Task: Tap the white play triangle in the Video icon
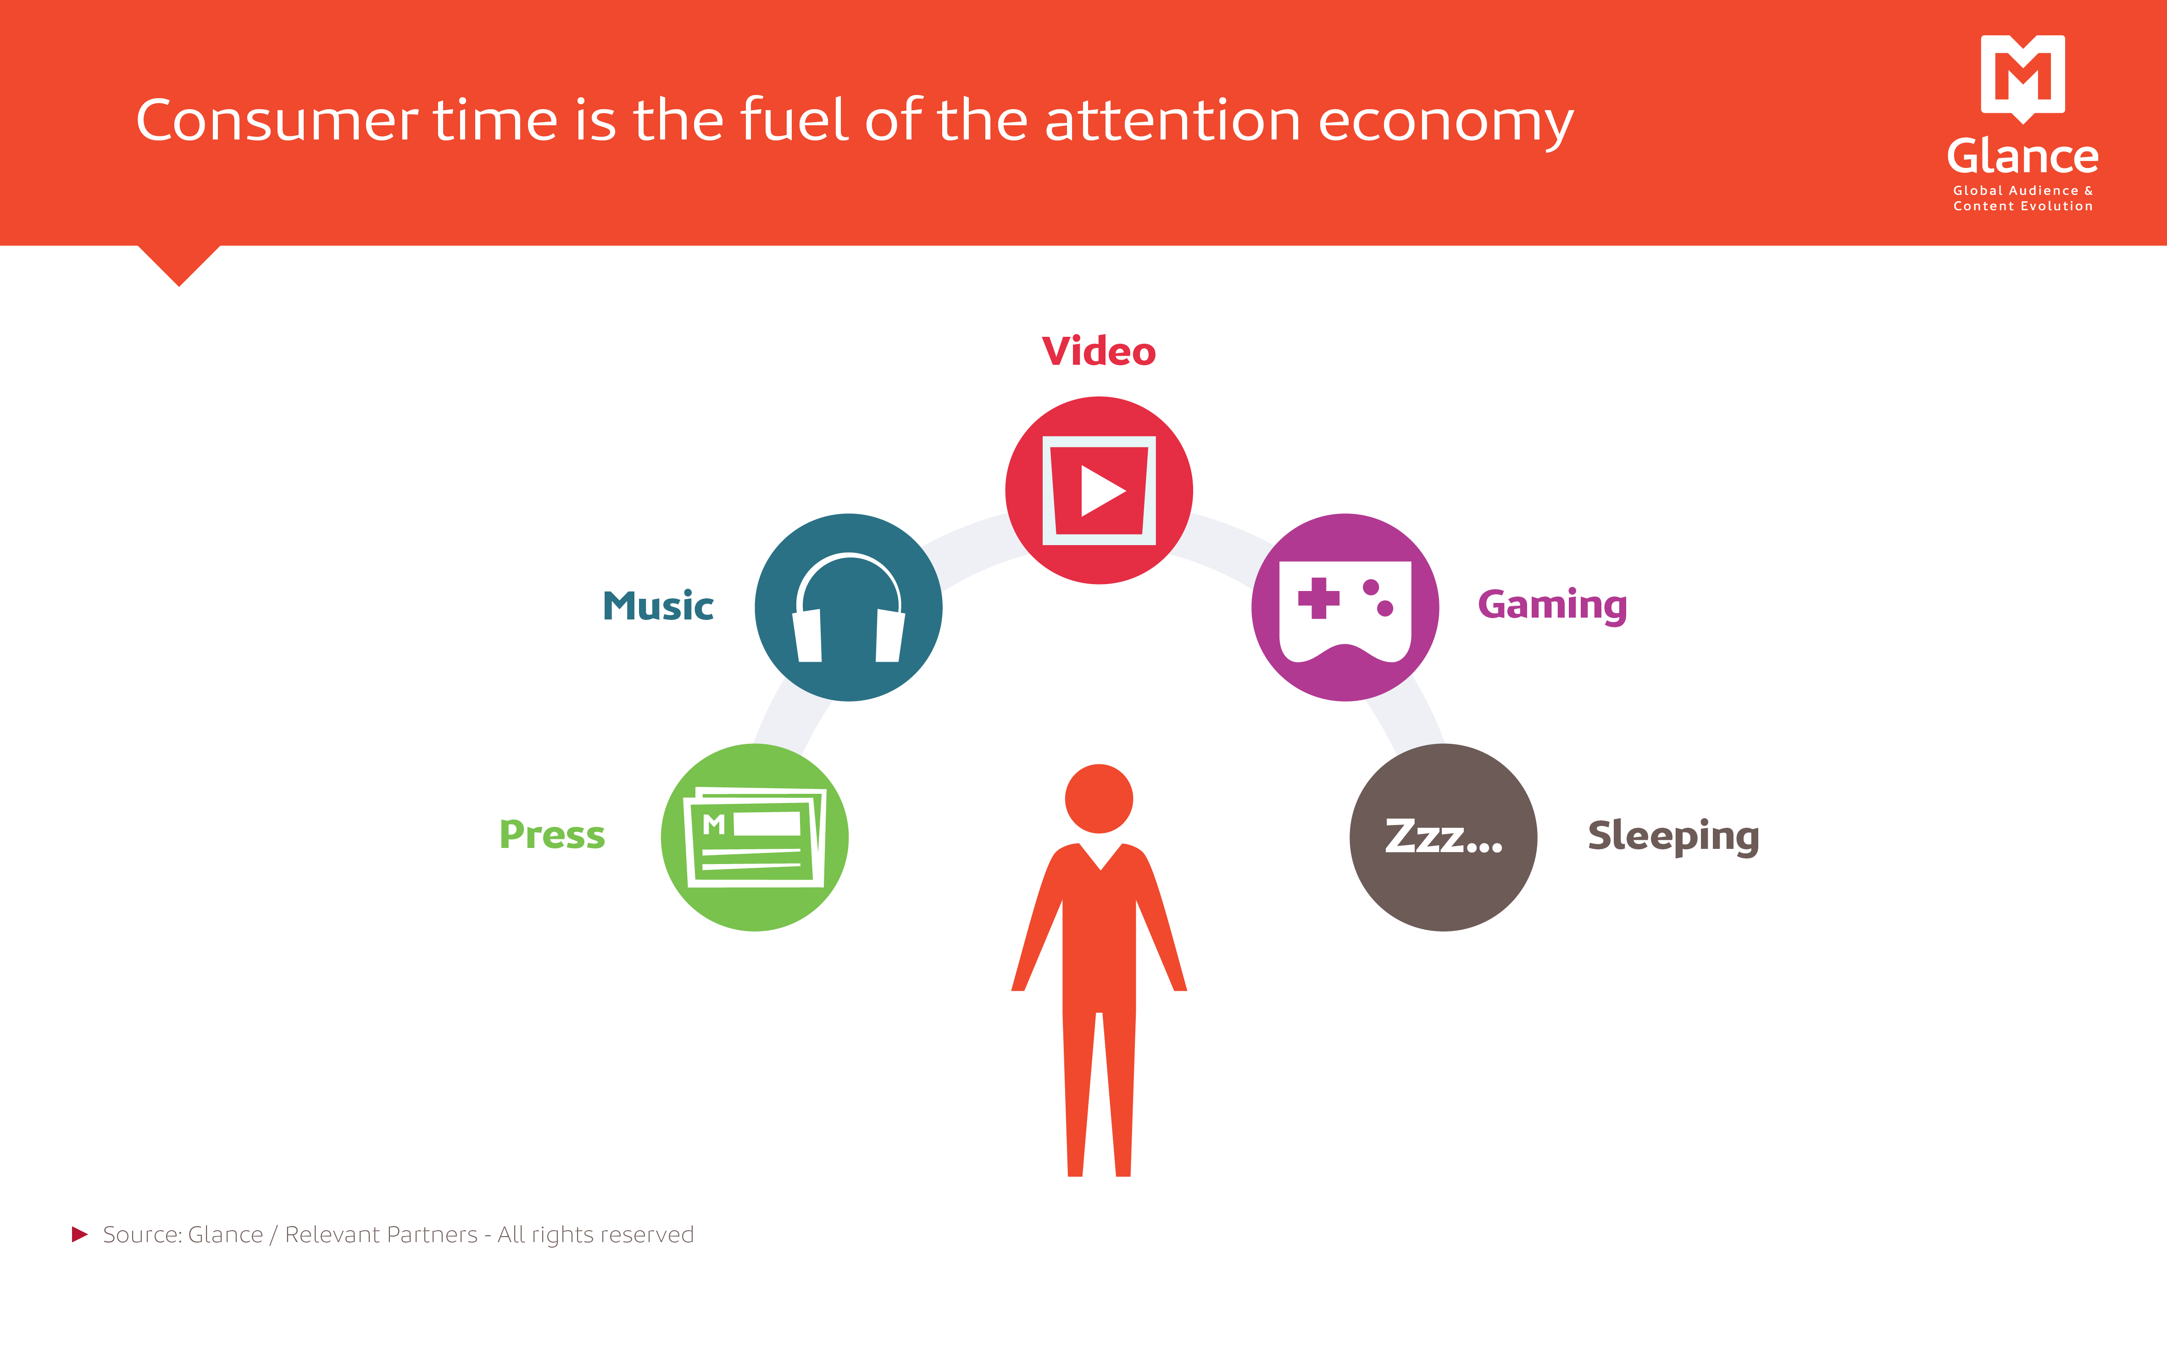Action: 1102,491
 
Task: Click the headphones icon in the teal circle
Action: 848,608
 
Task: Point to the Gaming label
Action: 1552,607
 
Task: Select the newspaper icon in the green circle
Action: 754,837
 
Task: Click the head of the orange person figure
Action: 1099,798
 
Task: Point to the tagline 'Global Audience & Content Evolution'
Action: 2023,198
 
